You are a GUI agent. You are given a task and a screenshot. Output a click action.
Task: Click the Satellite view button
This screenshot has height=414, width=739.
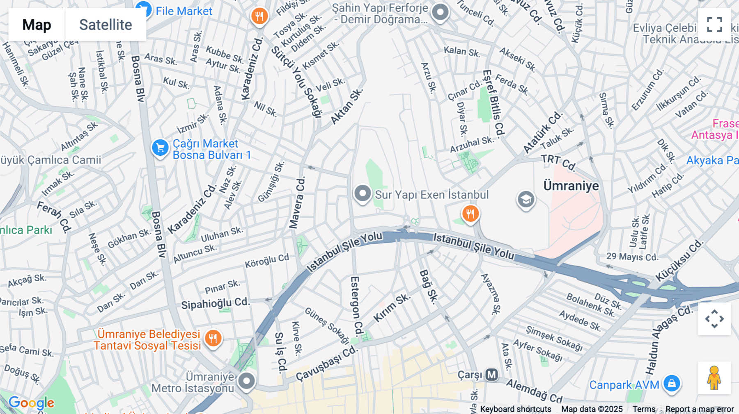pos(106,25)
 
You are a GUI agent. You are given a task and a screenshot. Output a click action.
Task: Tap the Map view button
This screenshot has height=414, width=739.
pos(37,25)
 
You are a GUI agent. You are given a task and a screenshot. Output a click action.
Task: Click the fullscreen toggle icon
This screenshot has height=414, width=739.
pos(714,25)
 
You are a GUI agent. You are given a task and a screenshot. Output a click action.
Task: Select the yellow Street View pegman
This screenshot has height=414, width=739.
pos(714,378)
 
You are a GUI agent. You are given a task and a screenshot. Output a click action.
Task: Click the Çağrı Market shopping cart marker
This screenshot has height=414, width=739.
pos(160,148)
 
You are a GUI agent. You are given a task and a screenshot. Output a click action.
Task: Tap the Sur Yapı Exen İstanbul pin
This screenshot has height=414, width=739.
pos(363,193)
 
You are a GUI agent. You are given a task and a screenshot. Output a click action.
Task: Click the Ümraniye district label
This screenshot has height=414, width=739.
pos(571,186)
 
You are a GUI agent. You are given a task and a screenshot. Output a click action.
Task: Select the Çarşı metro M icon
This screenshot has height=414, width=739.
pos(491,375)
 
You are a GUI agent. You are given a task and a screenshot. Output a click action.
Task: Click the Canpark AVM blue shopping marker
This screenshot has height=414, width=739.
pos(672,383)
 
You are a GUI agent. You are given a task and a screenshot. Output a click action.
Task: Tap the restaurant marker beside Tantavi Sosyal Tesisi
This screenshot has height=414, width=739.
pos(213,339)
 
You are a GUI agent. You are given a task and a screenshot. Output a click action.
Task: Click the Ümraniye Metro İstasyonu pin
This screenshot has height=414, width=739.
pos(246,381)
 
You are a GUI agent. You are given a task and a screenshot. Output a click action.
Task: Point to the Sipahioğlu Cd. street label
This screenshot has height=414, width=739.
pos(215,304)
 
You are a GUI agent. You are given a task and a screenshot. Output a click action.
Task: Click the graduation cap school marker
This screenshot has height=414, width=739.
pos(526,200)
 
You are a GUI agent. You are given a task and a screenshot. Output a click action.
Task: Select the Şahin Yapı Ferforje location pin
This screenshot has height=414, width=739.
pos(440,12)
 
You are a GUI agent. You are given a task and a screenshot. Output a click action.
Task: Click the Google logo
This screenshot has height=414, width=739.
pos(31,403)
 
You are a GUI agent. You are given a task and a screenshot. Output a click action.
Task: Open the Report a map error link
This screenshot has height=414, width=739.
pos(699,409)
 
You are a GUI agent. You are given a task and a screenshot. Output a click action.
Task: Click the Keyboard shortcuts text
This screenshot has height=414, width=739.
pos(515,409)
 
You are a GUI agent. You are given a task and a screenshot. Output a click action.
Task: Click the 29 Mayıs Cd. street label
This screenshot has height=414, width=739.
pos(632,257)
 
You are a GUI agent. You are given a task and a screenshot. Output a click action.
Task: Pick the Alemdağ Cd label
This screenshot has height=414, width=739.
pos(534,391)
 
